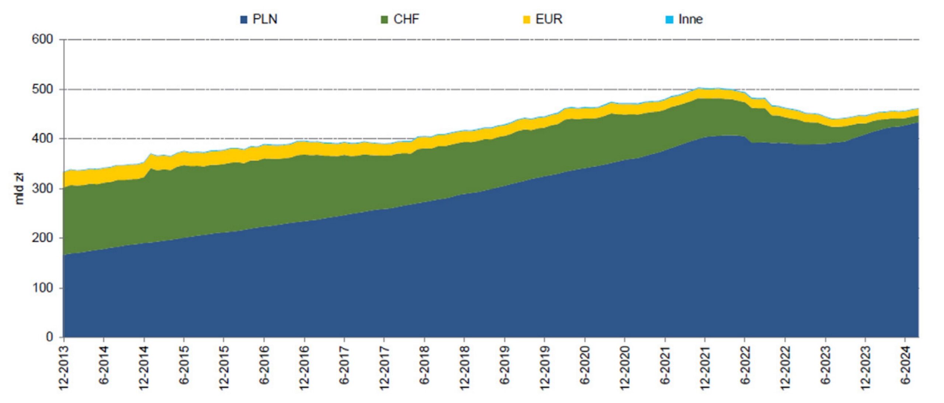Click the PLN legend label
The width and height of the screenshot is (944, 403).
point(265,19)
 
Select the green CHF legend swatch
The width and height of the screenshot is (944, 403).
point(384,20)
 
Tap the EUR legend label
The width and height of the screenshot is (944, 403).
point(549,19)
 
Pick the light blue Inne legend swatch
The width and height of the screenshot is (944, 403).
point(669,20)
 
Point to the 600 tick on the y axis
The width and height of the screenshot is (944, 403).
point(42,39)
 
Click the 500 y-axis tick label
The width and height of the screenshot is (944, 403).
point(42,89)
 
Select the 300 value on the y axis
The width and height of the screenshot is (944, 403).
point(42,189)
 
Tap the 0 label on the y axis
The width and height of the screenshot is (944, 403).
point(49,337)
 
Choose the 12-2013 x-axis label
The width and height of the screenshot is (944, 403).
point(64,368)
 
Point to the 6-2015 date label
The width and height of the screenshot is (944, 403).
point(184,365)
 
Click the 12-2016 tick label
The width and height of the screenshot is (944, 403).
point(304,368)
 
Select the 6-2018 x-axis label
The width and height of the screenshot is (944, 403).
point(424,365)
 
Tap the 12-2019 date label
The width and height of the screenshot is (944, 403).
point(545,368)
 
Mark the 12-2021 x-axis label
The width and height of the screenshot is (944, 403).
point(705,368)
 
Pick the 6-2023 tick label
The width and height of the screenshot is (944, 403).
point(825,365)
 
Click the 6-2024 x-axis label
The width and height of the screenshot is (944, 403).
point(905,365)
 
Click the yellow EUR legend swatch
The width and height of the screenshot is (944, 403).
point(527,20)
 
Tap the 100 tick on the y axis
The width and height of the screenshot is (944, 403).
point(42,288)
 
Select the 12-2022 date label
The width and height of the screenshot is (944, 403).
point(785,368)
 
